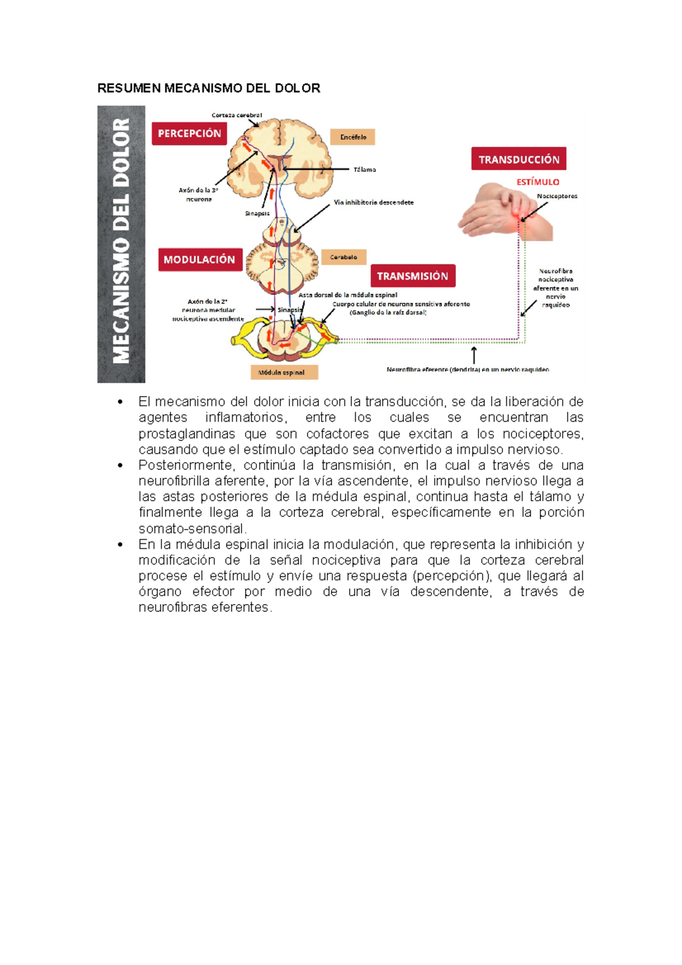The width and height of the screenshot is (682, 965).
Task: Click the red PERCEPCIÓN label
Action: (x=189, y=134)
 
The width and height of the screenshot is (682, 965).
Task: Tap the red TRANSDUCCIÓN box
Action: (x=518, y=159)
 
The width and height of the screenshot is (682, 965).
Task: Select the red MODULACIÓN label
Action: (x=199, y=260)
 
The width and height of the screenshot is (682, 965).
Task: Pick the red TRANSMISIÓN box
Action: (x=413, y=276)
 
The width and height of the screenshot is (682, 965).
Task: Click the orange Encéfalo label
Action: (x=353, y=137)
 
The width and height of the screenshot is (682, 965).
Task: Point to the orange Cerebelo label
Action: (x=344, y=257)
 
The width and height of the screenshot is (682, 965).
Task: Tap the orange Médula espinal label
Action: (x=284, y=373)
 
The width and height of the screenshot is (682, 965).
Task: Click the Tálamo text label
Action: (x=364, y=169)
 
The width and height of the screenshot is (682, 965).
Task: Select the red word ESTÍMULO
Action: (x=538, y=182)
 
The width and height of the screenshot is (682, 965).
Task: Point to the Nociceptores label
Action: (x=557, y=196)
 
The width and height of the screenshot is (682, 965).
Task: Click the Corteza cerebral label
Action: (x=236, y=115)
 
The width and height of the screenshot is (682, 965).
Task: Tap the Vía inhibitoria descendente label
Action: (x=373, y=202)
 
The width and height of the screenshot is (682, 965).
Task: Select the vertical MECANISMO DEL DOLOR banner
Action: (x=121, y=244)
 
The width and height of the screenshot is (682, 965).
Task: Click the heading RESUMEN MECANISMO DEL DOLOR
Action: (x=209, y=88)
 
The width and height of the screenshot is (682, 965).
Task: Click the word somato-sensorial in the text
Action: (x=192, y=529)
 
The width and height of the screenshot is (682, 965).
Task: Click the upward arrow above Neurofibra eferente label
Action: (x=474, y=355)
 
